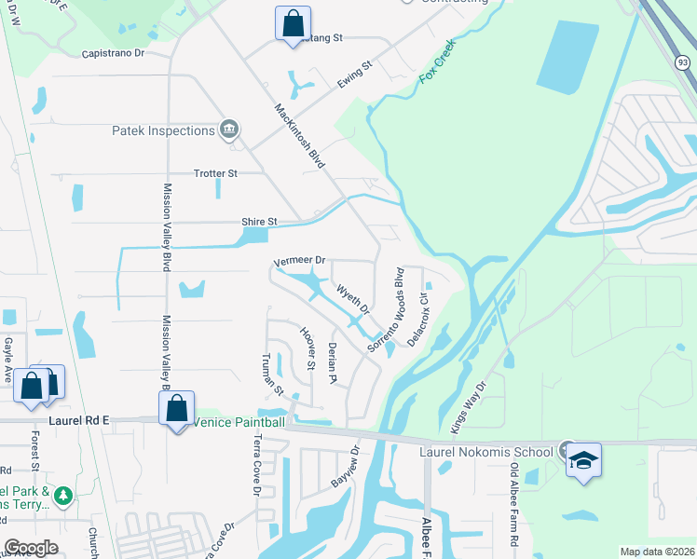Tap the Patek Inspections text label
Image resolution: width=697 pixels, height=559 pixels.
[x=164, y=130]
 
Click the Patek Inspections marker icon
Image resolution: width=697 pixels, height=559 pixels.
[x=229, y=129]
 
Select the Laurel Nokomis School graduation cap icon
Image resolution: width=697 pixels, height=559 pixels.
[x=584, y=460]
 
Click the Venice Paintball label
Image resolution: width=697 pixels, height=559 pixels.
[x=239, y=422]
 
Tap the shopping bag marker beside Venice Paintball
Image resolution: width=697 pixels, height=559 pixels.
[x=176, y=408]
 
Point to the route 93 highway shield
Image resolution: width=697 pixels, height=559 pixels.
[x=684, y=61]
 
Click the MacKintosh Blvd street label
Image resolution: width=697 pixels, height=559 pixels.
[x=299, y=135]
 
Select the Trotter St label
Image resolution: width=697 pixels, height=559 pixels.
[x=215, y=173]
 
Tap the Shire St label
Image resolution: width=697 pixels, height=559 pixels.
[x=260, y=222]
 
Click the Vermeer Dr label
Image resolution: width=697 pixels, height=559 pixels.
[x=300, y=261]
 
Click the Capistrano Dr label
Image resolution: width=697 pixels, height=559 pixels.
[x=114, y=53]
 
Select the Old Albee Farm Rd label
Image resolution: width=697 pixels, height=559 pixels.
[x=513, y=510]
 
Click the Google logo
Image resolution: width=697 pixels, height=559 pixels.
[x=32, y=548]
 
